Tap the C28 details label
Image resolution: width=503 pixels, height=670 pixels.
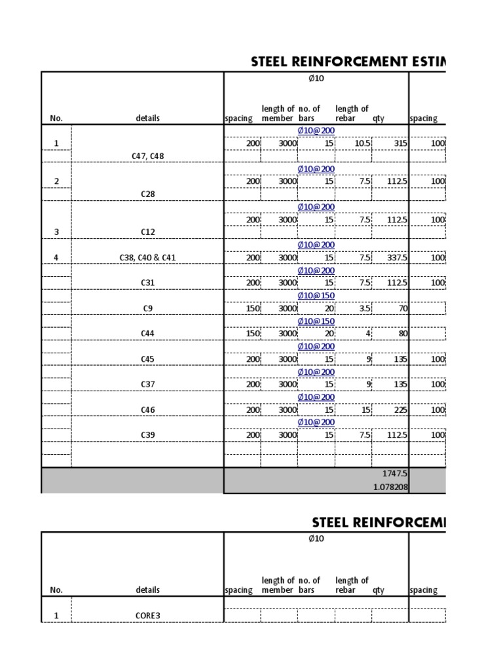click(147, 194)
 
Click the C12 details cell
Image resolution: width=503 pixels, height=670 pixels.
click(147, 232)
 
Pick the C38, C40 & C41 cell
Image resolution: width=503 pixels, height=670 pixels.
click(147, 258)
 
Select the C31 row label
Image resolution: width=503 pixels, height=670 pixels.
click(147, 283)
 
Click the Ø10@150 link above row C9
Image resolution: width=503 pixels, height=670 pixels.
click(316, 295)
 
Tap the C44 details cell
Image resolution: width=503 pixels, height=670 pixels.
click(147, 334)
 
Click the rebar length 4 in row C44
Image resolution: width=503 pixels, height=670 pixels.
click(368, 334)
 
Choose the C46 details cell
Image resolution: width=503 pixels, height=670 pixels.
click(147, 410)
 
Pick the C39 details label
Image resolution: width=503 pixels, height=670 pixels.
click(147, 435)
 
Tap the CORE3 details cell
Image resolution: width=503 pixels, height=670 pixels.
click(147, 616)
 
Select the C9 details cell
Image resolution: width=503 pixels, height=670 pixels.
click(147, 308)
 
